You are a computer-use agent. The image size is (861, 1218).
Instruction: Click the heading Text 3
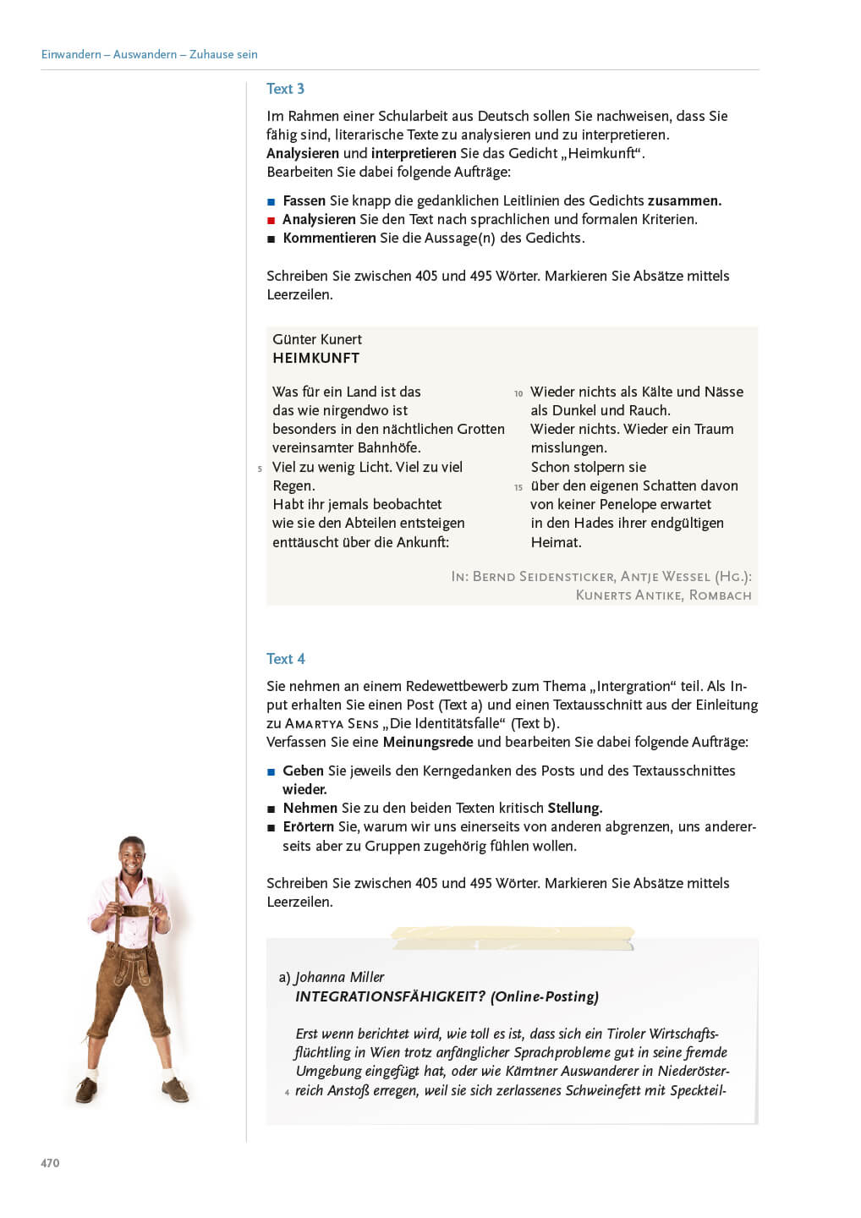285,89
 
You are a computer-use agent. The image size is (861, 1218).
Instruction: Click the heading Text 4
285,659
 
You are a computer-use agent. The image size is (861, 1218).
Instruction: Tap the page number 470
50,1163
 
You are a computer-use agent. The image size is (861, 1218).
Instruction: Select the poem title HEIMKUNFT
315,358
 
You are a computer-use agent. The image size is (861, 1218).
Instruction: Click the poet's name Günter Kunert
316,339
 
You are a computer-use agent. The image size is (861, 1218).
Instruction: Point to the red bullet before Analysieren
271,220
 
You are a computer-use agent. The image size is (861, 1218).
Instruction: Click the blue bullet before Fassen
271,201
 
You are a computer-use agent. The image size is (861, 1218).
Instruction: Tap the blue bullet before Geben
271,771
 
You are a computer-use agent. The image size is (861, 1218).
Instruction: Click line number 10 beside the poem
518,393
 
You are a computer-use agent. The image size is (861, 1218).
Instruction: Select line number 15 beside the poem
518,487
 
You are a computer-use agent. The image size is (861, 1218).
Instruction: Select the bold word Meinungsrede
427,742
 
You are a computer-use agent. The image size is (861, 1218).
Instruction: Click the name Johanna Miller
339,977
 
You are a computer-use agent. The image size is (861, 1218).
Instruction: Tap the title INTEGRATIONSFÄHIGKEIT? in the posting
390,996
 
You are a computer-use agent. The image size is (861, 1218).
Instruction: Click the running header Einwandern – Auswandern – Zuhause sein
149,54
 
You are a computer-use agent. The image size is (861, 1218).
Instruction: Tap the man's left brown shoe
178,1090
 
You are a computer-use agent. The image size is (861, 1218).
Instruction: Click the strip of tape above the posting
512,937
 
